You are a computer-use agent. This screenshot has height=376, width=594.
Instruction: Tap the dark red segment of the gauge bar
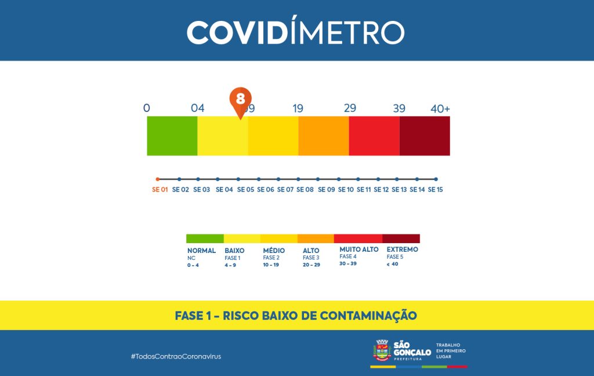click(x=425, y=136)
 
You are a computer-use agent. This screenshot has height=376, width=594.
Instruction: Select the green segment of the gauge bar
click(x=172, y=136)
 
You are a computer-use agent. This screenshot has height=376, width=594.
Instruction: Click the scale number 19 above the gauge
click(x=298, y=109)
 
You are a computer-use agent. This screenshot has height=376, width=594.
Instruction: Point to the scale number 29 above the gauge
click(x=350, y=109)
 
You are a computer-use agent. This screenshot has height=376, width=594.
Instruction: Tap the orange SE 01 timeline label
click(x=160, y=190)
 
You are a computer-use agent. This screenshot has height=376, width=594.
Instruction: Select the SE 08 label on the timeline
click(x=305, y=190)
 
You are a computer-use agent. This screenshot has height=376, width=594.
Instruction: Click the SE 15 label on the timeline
click(x=436, y=190)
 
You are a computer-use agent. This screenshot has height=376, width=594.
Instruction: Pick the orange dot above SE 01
click(x=158, y=179)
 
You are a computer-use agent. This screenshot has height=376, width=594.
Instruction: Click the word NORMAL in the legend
click(x=201, y=250)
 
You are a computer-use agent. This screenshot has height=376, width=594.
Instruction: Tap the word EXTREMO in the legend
click(x=402, y=250)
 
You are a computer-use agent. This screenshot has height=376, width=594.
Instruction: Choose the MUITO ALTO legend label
click(x=359, y=250)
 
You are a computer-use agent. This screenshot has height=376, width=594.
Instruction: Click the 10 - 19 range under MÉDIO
click(x=271, y=265)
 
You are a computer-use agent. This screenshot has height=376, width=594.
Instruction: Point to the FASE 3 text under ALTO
click(x=311, y=258)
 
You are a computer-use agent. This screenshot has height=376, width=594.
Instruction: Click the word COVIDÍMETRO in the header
click(x=296, y=32)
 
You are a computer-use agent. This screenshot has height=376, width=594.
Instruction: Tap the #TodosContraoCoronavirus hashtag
click(x=176, y=356)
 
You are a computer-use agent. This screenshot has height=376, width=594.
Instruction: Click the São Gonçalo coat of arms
click(x=382, y=351)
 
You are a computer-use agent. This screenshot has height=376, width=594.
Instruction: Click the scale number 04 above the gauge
click(x=198, y=109)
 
